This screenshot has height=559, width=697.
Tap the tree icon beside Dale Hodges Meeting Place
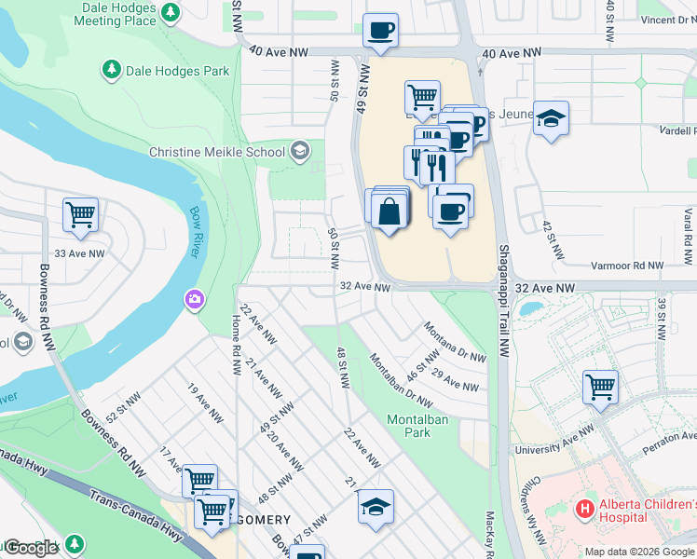(171, 12)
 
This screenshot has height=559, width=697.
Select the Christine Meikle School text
(219, 151)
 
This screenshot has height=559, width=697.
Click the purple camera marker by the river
(194, 299)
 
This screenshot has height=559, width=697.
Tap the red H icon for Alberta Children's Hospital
(584, 508)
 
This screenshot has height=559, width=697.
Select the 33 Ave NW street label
(79, 253)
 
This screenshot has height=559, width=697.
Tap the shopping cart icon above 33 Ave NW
(81, 214)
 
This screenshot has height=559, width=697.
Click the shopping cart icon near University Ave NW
(600, 386)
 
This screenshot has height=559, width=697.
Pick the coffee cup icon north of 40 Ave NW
(380, 30)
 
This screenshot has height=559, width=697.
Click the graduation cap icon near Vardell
(552, 117)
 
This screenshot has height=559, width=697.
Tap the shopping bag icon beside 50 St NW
(389, 211)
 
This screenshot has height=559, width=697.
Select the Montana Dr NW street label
(455, 343)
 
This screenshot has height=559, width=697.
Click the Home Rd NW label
(237, 336)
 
